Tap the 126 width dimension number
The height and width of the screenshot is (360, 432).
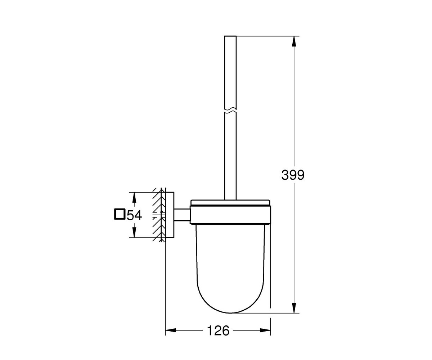tap(218, 336)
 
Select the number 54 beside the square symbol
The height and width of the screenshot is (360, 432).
tap(134, 215)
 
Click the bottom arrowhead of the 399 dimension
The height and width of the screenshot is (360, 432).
tap(294, 308)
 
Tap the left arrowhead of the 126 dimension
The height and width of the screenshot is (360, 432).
tap(171, 336)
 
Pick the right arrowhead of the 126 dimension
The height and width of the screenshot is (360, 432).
tap(265, 336)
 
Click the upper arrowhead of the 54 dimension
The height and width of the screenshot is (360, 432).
tap(134, 197)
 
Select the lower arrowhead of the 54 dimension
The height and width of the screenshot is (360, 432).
tap(134, 232)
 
